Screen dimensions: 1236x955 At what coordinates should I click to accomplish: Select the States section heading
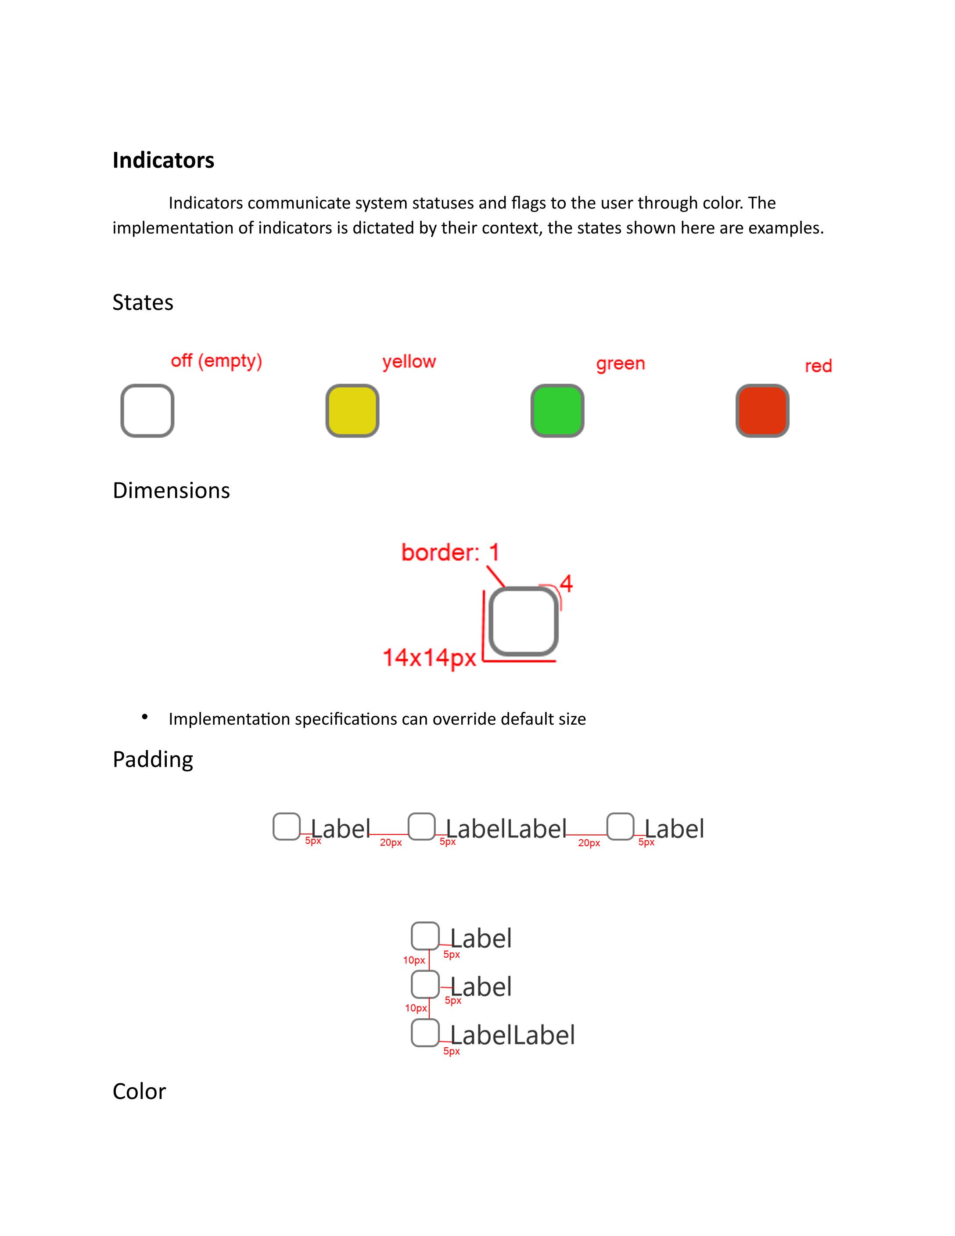[x=143, y=303]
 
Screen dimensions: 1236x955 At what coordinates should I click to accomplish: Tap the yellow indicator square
[x=352, y=411]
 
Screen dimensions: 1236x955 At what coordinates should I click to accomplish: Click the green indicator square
[x=557, y=411]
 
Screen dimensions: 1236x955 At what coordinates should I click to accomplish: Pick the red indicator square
[x=762, y=411]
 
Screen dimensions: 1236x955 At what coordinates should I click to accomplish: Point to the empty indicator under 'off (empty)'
[x=147, y=411]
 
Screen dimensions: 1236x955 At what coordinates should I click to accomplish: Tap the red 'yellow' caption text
[x=409, y=362]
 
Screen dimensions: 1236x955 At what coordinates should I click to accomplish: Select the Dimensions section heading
[x=171, y=491]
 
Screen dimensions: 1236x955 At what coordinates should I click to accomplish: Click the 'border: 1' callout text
[x=450, y=552]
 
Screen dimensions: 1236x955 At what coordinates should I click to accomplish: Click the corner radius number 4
[x=566, y=583]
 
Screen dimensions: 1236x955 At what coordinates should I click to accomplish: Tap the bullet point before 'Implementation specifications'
[x=145, y=717]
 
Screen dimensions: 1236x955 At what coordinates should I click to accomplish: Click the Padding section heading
[x=153, y=759]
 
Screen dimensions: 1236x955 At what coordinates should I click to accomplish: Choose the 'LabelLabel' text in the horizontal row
[x=506, y=829]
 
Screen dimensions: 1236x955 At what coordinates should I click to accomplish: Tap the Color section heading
[x=139, y=1092]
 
